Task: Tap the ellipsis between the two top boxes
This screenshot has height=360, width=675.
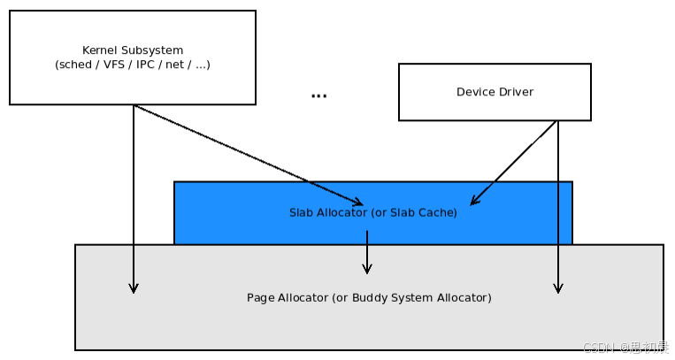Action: click(318, 96)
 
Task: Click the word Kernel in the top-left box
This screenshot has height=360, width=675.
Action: click(99, 50)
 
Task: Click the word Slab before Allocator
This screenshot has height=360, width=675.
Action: click(301, 212)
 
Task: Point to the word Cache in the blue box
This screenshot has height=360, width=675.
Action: click(438, 212)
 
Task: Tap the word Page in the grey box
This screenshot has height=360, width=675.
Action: click(260, 297)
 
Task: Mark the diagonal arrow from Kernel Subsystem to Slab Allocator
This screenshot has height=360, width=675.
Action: click(248, 155)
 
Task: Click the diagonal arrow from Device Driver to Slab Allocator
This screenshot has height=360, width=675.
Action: click(513, 163)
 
